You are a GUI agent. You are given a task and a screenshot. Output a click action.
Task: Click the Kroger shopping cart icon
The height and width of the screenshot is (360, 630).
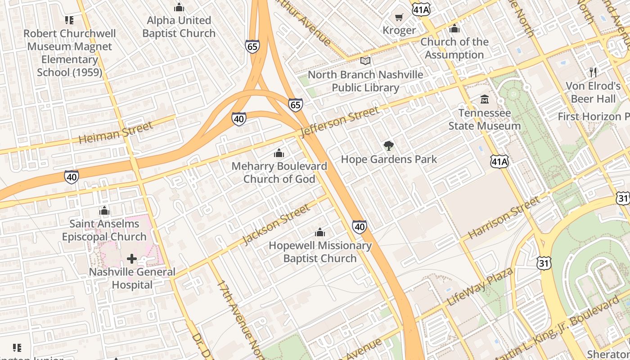pos(399,18)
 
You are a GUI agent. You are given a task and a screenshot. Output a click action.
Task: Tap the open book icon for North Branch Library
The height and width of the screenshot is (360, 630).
pos(365,61)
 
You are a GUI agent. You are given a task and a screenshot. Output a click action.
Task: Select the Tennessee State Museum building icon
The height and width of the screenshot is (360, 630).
pos(485,99)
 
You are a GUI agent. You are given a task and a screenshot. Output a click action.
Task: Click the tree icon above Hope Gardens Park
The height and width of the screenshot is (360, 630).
pos(388,145)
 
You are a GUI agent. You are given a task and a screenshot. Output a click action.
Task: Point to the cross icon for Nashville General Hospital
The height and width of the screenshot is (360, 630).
pos(132,259)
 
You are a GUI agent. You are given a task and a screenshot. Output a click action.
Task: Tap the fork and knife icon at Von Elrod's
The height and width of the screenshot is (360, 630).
pos(593,72)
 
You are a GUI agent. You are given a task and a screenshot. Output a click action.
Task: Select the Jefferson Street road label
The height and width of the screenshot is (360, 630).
pos(340,122)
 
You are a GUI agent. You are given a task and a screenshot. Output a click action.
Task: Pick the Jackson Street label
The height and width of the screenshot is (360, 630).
pos(276,224)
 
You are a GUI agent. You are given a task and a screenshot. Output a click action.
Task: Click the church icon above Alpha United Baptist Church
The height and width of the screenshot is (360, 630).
pos(179,7)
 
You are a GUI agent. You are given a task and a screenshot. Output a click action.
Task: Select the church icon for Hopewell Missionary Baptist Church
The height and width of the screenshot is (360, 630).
pos(320,232)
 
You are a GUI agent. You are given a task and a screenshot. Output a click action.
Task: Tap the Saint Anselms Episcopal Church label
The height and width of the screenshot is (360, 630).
pos(104,230)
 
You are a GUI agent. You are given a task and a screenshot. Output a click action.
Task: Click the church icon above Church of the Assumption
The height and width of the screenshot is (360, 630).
pos(454,29)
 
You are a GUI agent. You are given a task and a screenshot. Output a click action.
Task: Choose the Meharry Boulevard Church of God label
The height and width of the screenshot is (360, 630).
pos(279,172)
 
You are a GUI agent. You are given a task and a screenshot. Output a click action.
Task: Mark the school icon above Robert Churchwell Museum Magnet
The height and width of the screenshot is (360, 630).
pos(69,20)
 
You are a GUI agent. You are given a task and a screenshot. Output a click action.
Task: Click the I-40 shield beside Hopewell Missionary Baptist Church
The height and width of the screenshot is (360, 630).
pos(359,227)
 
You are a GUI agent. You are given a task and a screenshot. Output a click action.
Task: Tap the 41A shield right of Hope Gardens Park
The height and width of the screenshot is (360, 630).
pos(499,162)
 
